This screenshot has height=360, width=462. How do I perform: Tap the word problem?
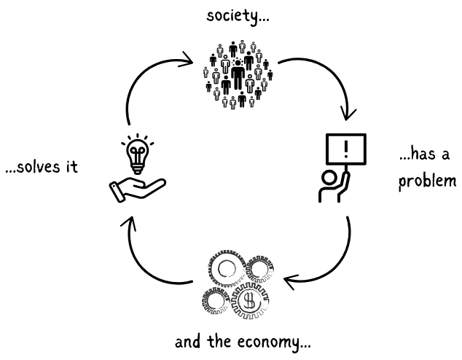pyautogui.click(x=426, y=179)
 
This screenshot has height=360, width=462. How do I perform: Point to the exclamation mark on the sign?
pyautogui.click(x=345, y=150)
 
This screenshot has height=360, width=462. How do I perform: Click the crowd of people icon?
pyautogui.click(x=237, y=75)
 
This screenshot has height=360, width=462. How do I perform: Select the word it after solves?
pyautogui.click(x=70, y=167)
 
